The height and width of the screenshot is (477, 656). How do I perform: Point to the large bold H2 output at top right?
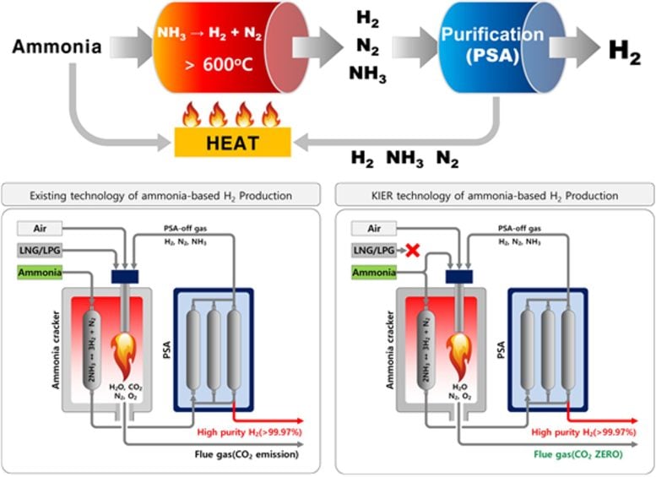624,50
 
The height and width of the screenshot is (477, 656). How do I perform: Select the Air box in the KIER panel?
371,229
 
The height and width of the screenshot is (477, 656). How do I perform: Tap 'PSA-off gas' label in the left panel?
188,228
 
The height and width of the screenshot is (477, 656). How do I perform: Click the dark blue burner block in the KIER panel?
460,275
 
